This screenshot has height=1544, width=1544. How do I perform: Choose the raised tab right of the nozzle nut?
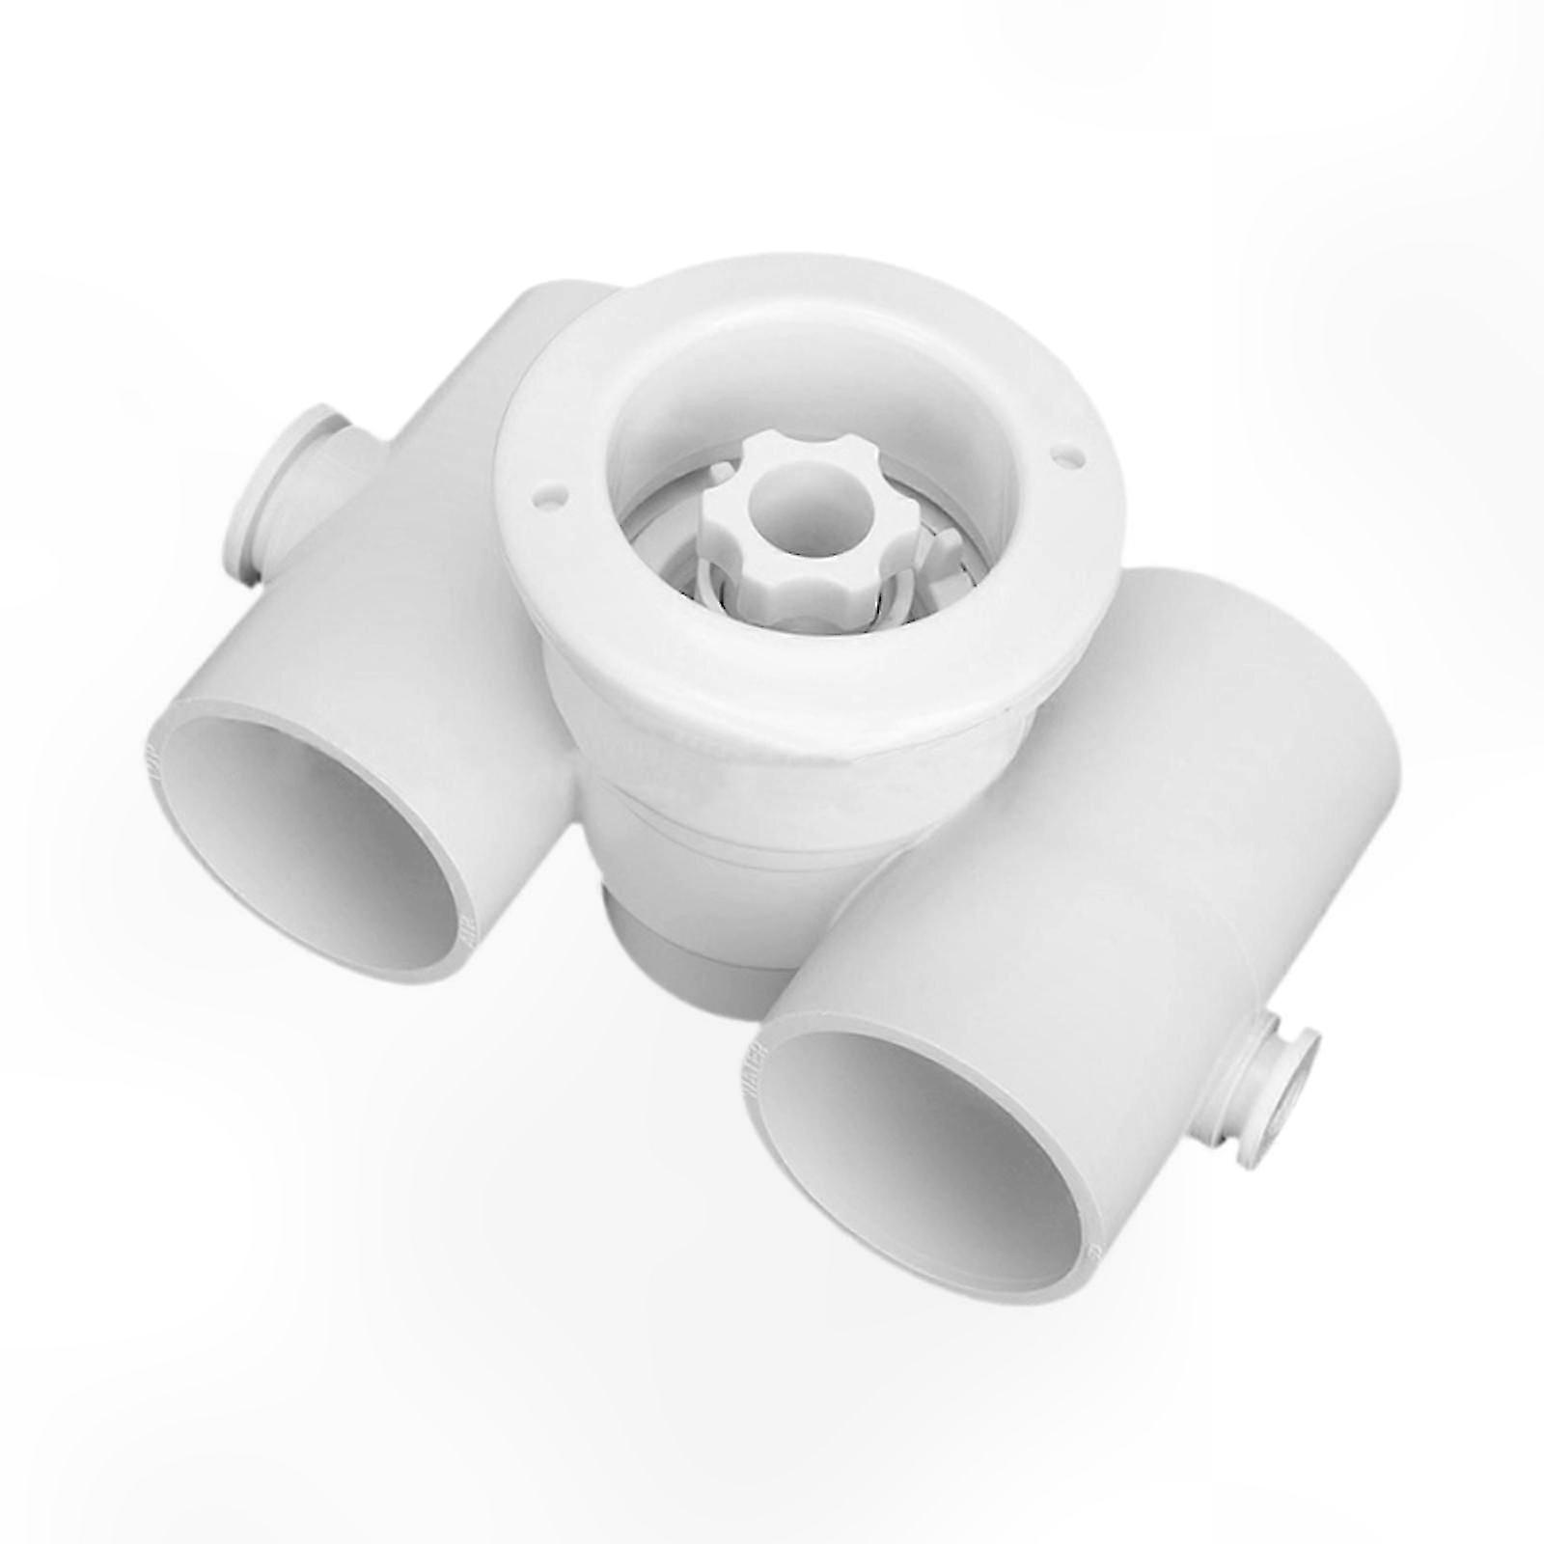click(941, 550)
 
